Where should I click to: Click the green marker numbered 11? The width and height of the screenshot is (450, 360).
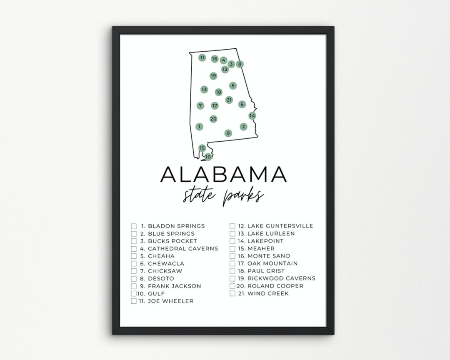[x=202, y=57]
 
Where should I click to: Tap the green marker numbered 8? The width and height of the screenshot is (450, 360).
[x=240, y=64]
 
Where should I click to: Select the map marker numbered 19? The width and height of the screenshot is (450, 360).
[x=213, y=76]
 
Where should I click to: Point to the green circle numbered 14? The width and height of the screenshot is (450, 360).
[x=252, y=115]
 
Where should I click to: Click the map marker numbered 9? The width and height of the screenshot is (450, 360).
[x=228, y=133]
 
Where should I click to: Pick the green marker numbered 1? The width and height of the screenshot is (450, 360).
[x=200, y=127]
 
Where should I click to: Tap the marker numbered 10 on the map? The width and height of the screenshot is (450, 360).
[x=208, y=157]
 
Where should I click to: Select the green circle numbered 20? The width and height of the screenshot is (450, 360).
[x=213, y=119]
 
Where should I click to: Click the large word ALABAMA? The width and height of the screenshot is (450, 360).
[x=224, y=174]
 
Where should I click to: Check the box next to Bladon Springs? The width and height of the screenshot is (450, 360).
[x=134, y=226]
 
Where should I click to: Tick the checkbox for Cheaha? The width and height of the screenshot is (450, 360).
[x=134, y=256]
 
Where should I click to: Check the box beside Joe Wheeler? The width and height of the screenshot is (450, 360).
[x=134, y=301]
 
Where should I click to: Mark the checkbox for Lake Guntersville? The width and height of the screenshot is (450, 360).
[x=232, y=226]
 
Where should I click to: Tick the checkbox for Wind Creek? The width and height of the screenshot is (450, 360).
[x=232, y=294]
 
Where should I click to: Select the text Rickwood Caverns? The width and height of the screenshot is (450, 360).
[x=281, y=278]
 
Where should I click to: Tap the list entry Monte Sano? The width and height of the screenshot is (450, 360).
[x=269, y=256]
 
